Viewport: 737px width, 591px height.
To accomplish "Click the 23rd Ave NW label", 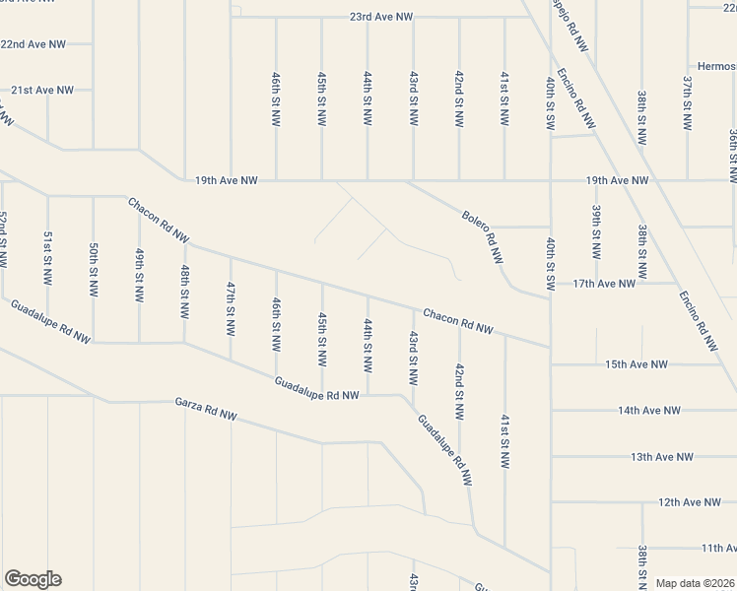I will (381, 18).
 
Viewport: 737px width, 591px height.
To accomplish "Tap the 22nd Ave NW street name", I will (33, 44).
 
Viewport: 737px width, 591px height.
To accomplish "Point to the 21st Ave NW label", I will (42, 90).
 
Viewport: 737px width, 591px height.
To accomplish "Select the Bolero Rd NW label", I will (483, 237).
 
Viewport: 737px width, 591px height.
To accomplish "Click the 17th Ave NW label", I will (604, 284).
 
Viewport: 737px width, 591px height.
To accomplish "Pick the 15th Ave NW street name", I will (636, 364).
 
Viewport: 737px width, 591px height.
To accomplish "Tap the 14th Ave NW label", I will (649, 410).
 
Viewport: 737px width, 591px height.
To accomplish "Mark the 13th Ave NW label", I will (662, 456).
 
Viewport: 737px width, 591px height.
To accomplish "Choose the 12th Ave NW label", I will (690, 502).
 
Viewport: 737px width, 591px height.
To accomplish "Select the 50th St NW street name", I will (94, 264).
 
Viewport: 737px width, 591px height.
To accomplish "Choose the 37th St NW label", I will (688, 102).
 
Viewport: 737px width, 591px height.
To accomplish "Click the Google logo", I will (33, 579).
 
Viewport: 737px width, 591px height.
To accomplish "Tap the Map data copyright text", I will (696, 583).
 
